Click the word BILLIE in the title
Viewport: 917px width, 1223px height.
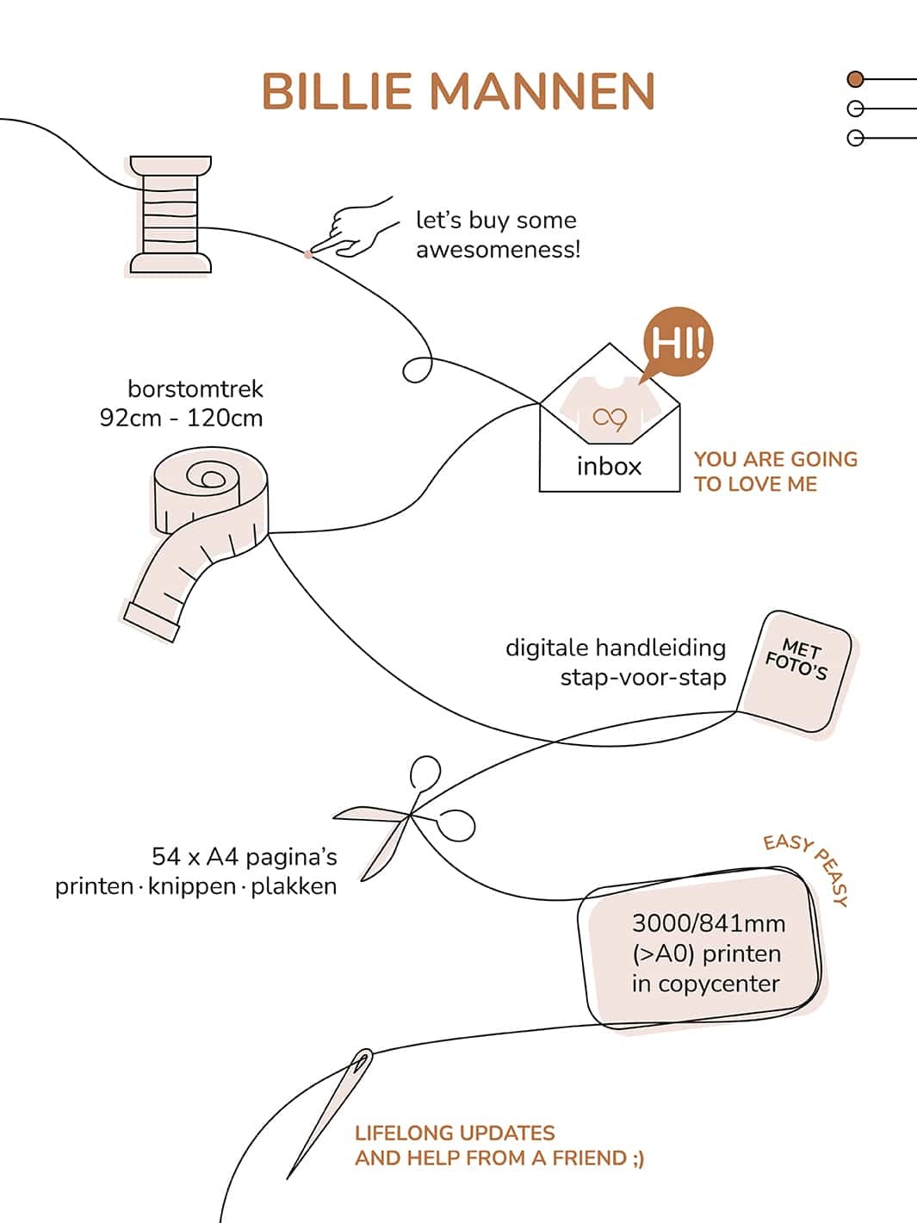[x=338, y=92]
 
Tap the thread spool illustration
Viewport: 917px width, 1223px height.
[x=170, y=214]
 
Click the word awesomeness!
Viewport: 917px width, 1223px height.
[x=498, y=250]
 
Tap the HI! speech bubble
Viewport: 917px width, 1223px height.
[x=678, y=342]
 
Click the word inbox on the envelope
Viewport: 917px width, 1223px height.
[x=609, y=466]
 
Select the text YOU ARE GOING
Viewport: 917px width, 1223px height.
[x=775, y=459]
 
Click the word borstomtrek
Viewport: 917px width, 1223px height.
[x=195, y=388]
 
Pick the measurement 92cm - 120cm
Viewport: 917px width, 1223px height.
[x=182, y=419]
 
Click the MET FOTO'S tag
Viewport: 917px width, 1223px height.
[x=797, y=672]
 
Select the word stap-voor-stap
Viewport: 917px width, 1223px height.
[x=642, y=677]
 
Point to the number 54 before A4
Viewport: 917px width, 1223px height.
[x=165, y=857]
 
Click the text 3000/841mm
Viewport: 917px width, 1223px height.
[x=708, y=923]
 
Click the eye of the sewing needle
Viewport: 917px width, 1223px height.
[x=363, y=1060]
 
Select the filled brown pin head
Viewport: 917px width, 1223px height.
[x=855, y=79]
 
